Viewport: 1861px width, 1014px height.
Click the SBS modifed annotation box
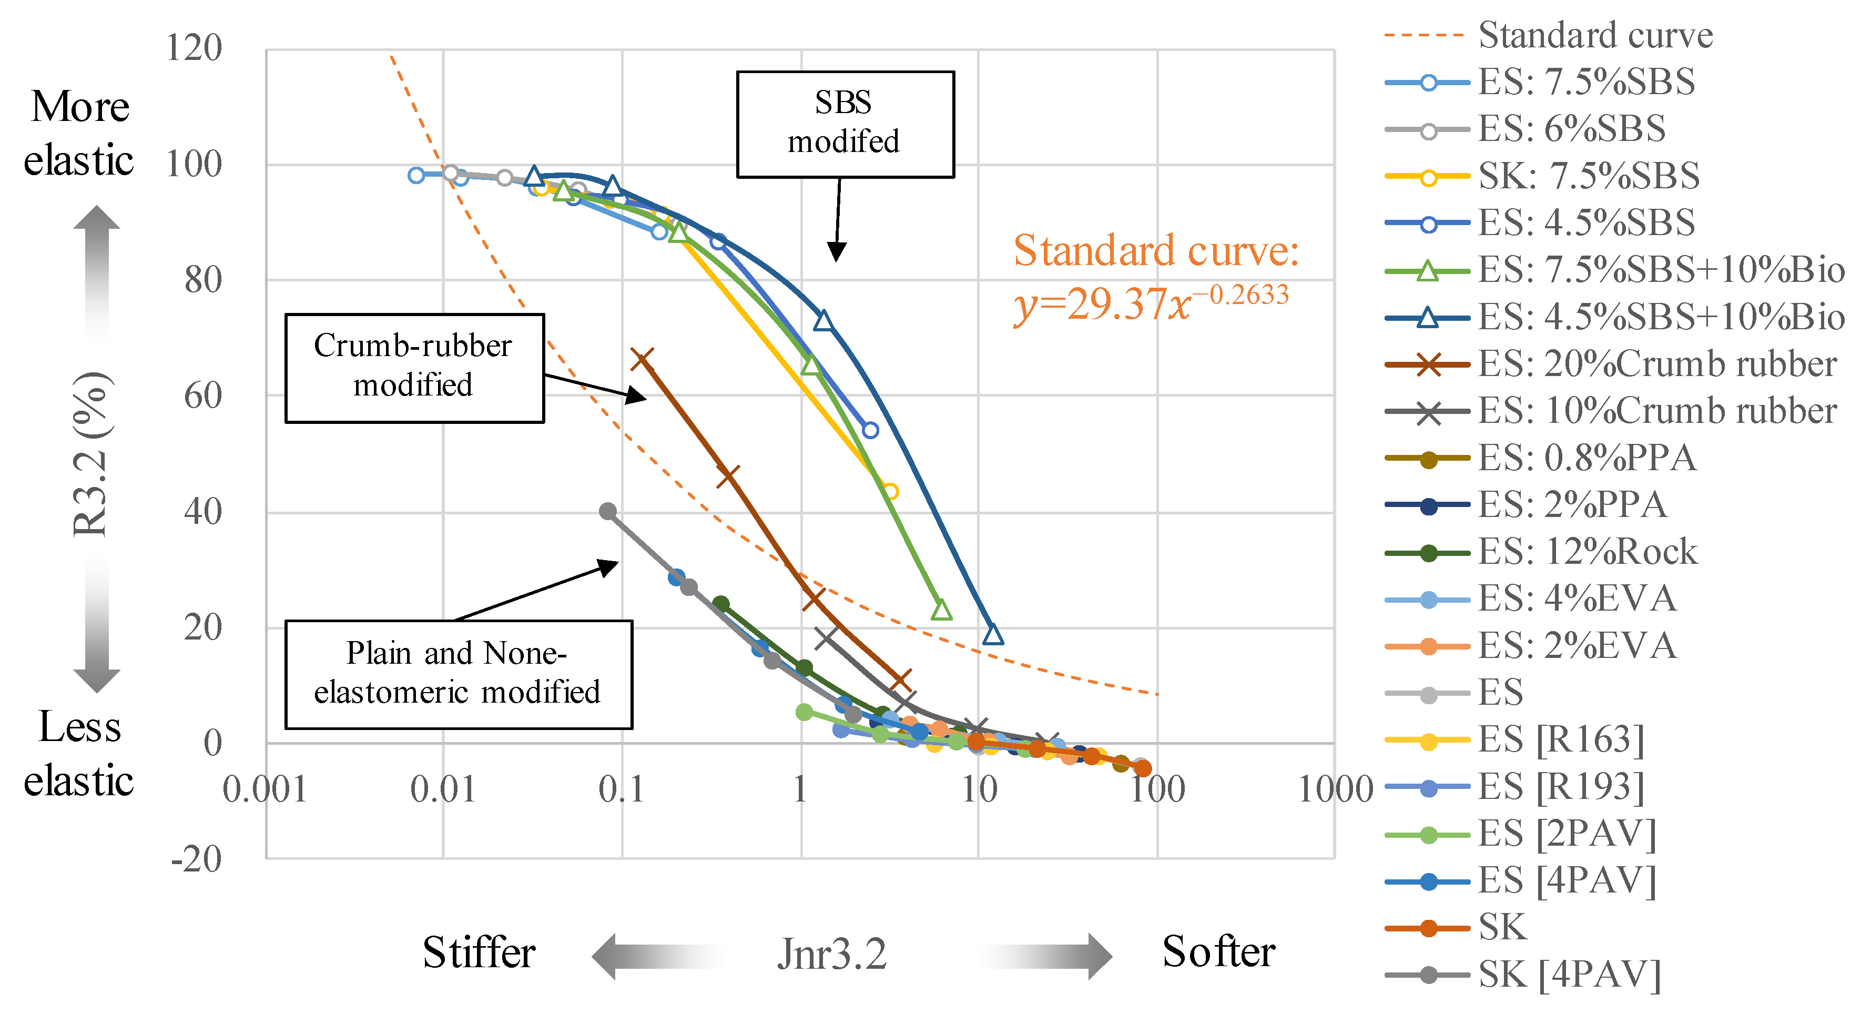point(845,124)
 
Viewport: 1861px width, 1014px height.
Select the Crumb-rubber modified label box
point(414,367)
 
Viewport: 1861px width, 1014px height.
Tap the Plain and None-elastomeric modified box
point(458,674)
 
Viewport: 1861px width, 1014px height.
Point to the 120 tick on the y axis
point(194,49)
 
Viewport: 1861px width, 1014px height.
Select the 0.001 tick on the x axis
point(265,789)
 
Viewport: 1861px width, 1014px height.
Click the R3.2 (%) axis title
point(91,454)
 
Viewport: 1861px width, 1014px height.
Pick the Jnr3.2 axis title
point(831,954)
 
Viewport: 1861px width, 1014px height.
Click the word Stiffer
point(479,952)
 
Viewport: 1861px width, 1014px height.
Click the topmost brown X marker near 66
point(642,359)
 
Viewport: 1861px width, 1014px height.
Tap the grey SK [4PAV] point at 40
point(608,512)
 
